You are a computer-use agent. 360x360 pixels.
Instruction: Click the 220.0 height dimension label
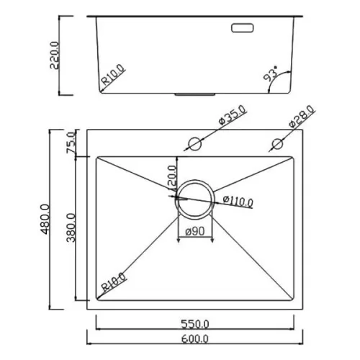[55, 55]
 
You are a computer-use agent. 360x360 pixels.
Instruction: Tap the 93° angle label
[271, 73]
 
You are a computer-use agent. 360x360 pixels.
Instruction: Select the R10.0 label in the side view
[113, 74]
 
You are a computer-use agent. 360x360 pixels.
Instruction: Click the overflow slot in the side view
[243, 27]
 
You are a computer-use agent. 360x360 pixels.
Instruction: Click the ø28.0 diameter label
[302, 116]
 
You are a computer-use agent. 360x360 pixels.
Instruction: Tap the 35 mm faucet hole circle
[194, 144]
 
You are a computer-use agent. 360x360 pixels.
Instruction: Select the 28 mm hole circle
[277, 144]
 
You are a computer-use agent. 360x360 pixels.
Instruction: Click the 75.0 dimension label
[71, 143]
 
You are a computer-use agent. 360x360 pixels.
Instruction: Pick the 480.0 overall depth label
[45, 219]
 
